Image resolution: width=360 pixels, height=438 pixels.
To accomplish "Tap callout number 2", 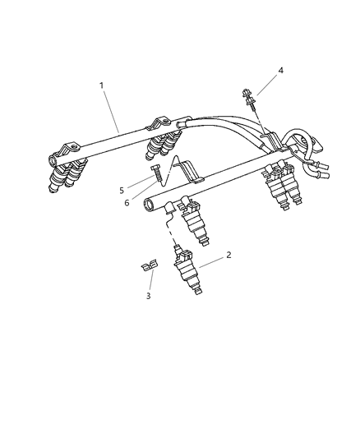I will pyautogui.click(x=228, y=256).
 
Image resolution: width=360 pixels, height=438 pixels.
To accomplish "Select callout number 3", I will pyautogui.click(x=149, y=296).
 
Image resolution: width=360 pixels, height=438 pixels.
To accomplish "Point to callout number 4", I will pyautogui.click(x=280, y=71).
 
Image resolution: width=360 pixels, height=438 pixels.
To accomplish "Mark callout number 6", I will pyautogui.click(x=127, y=202).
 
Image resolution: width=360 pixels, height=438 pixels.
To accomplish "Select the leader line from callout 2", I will pyautogui.click(x=211, y=260).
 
